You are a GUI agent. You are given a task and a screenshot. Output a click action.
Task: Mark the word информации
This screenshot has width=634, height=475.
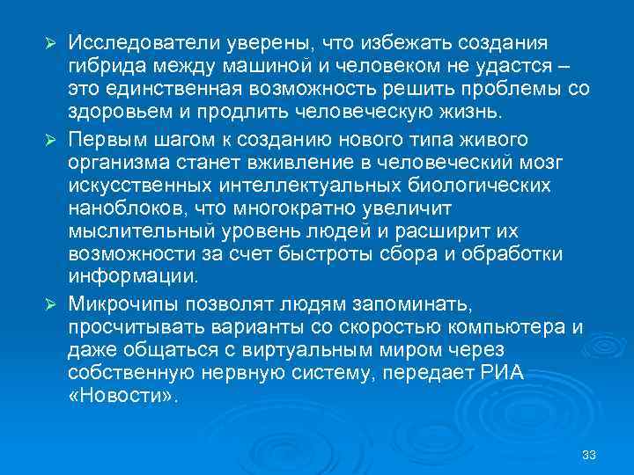[127, 278]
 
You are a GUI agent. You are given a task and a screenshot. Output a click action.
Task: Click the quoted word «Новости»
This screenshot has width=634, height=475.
[122, 397]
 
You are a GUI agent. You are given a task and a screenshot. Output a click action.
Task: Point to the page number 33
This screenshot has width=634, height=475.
[589, 455]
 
